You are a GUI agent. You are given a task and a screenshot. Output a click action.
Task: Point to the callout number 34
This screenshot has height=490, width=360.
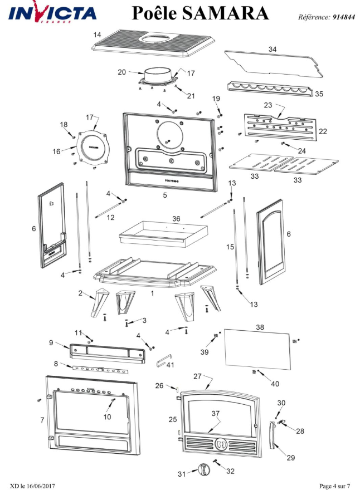272,50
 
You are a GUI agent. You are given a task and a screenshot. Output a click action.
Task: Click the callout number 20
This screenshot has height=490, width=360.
122,72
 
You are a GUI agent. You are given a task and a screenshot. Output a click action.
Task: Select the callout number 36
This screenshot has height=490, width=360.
176,219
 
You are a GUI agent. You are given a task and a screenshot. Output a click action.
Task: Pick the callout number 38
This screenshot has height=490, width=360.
259,327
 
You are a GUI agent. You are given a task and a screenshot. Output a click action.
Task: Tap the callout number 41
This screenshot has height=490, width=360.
171,365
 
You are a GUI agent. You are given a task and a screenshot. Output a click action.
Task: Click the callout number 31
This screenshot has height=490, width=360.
181,474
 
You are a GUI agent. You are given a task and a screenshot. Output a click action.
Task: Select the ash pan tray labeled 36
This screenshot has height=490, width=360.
162,232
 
